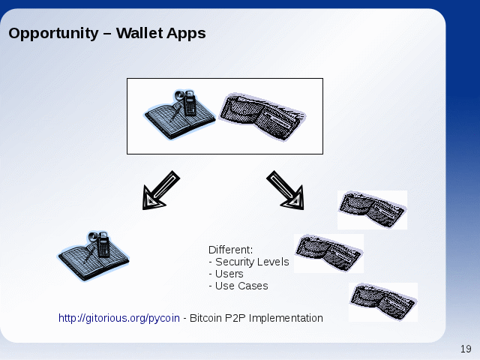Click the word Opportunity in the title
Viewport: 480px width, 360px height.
(53, 34)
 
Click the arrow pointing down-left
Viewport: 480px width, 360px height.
(160, 190)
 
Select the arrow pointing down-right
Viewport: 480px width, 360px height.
(286, 190)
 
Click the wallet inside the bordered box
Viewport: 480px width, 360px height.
(262, 117)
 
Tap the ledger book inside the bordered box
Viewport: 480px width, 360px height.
(180, 115)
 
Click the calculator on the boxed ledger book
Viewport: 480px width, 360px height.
(189, 103)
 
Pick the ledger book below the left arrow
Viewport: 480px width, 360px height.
(94, 256)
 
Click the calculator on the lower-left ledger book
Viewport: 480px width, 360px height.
(103, 244)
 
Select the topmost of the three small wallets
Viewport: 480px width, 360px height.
(372, 210)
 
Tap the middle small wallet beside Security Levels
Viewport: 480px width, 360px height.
(328, 253)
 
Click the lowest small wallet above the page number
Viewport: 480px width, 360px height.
(383, 301)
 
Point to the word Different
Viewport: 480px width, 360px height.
(230, 250)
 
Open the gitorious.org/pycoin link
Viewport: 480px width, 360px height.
(119, 318)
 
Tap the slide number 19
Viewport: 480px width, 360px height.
(466, 349)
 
